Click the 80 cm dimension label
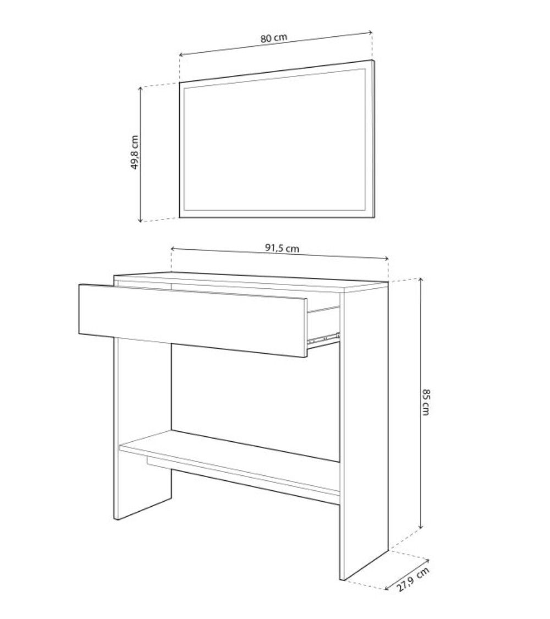274,39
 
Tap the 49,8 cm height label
135,152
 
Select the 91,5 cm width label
282,248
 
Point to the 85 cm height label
425,402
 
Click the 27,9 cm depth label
412,579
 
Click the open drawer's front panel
193,320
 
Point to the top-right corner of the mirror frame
373,60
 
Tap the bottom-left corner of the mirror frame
180,217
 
